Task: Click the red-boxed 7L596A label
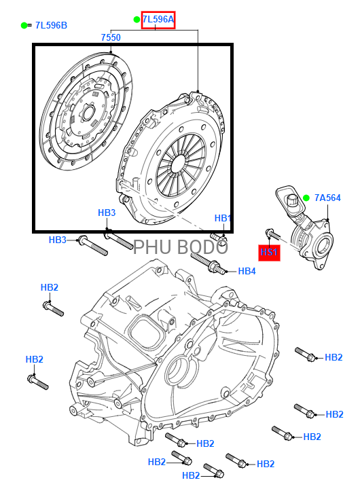[158, 20]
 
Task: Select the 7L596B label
[51, 26]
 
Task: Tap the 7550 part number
[111, 37]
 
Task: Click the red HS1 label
[269, 252]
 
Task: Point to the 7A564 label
[327, 198]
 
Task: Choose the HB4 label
[247, 271]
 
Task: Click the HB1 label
[223, 218]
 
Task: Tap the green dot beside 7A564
[306, 198]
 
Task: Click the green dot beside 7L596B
[24, 26]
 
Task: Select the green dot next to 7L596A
[137, 20]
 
